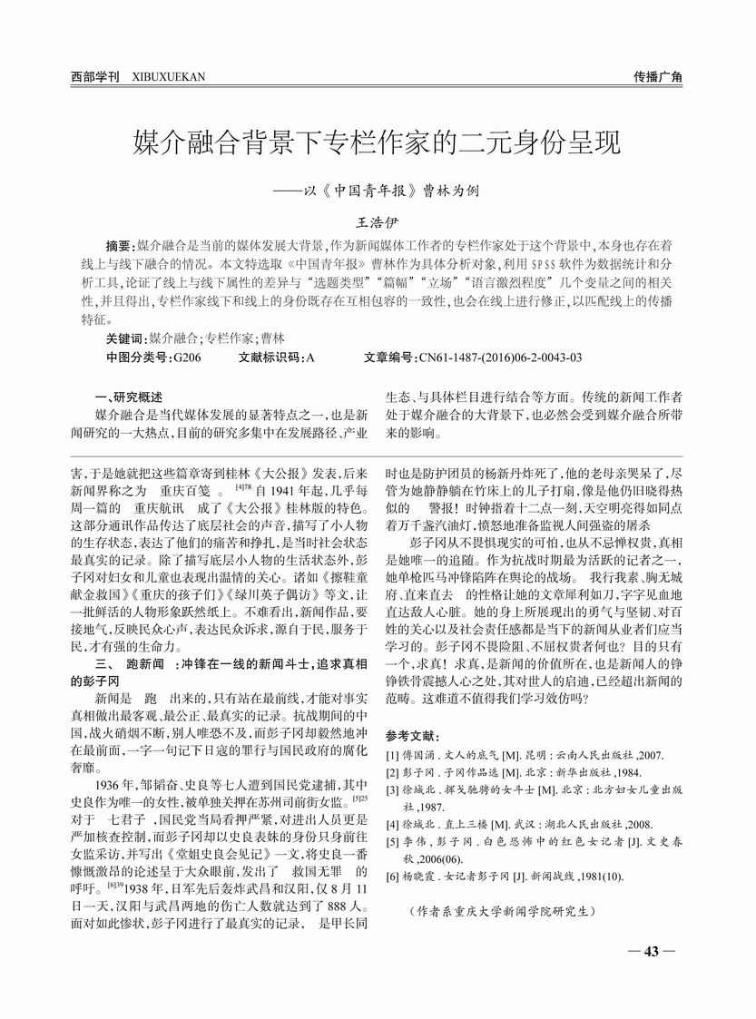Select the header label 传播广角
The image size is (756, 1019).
click(658, 76)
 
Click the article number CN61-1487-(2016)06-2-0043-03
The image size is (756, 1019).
click(502, 358)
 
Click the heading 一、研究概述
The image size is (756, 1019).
click(129, 397)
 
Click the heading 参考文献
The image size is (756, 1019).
click(413, 734)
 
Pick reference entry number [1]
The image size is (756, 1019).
click(391, 754)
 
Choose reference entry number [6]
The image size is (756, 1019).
click(391, 877)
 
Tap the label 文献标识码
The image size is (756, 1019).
click(271, 358)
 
